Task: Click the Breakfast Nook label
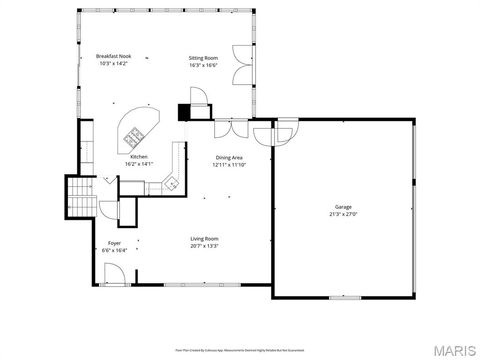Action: click(114, 56)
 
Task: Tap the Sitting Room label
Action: click(204, 58)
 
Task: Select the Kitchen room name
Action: click(139, 157)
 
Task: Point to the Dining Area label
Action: click(229, 158)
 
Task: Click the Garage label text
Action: click(343, 206)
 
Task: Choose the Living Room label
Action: click(205, 238)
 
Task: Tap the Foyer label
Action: click(115, 243)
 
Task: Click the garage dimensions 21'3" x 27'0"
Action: click(343, 214)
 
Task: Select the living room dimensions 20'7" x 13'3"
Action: click(205, 246)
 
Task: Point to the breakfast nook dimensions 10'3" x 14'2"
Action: click(114, 64)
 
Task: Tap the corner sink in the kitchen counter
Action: click(171, 182)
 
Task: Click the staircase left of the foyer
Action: click(79, 197)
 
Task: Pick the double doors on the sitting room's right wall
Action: click(237, 65)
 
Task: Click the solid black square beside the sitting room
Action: click(184, 113)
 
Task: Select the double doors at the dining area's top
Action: click(227, 129)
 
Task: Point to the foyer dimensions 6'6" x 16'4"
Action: click(115, 251)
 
